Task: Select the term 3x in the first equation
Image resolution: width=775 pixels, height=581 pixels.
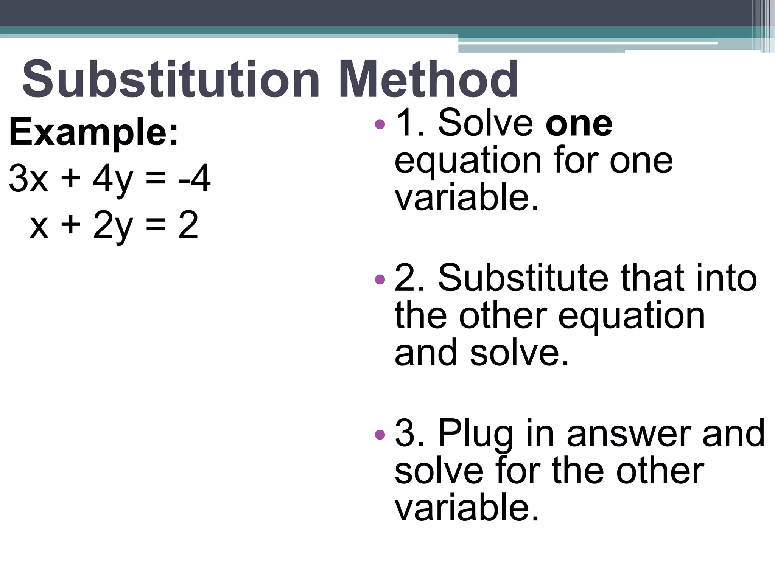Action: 29,178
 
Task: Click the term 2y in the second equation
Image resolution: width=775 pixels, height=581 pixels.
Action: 113,225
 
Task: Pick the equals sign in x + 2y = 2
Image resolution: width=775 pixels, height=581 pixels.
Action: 156,225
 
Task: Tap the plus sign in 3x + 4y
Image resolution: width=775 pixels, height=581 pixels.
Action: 71,178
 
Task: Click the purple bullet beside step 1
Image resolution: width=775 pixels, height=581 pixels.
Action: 380,124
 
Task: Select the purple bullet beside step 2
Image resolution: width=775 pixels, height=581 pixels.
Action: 380,280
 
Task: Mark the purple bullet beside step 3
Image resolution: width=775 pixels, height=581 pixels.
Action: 380,434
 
